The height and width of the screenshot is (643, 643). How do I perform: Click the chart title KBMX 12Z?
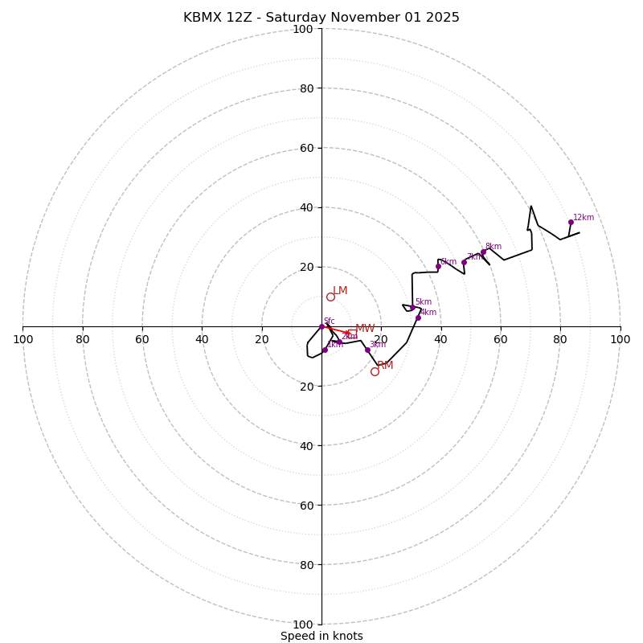pyautogui.click(x=321, y=18)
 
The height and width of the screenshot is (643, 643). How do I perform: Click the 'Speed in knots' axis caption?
pyautogui.click(x=321, y=636)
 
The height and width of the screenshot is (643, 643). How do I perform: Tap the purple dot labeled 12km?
pyautogui.click(x=571, y=223)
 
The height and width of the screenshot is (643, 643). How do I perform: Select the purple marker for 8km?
pyautogui.click(x=483, y=252)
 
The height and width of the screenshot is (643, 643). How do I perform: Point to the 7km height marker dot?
pyautogui.click(x=464, y=262)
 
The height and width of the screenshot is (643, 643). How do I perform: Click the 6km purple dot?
pyautogui.click(x=438, y=267)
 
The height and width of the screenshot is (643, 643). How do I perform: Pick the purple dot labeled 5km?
pyautogui.click(x=412, y=308)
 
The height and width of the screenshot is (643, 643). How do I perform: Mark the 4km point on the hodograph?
pyautogui.click(x=418, y=317)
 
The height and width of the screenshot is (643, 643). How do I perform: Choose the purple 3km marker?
pyautogui.click(x=367, y=350)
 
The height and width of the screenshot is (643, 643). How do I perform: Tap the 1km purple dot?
pyautogui.click(x=325, y=350)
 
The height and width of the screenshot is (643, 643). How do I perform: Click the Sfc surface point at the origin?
pyautogui.click(x=322, y=326)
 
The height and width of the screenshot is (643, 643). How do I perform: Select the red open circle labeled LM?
pyautogui.click(x=330, y=297)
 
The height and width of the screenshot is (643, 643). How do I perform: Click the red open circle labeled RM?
pyautogui.click(x=375, y=371)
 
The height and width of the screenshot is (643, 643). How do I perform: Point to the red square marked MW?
pyautogui.click(x=352, y=333)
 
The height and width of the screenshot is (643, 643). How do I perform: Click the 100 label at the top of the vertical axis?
pyautogui.click(x=303, y=29)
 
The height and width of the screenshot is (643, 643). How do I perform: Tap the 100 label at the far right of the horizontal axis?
pyautogui.click(x=620, y=339)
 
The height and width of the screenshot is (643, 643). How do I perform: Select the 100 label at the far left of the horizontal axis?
pyautogui.click(x=23, y=339)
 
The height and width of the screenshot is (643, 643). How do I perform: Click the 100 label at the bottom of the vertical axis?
pyautogui.click(x=303, y=625)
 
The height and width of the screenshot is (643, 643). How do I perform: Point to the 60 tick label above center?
pyautogui.click(x=306, y=148)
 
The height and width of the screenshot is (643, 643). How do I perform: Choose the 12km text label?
pyautogui.click(x=584, y=218)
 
